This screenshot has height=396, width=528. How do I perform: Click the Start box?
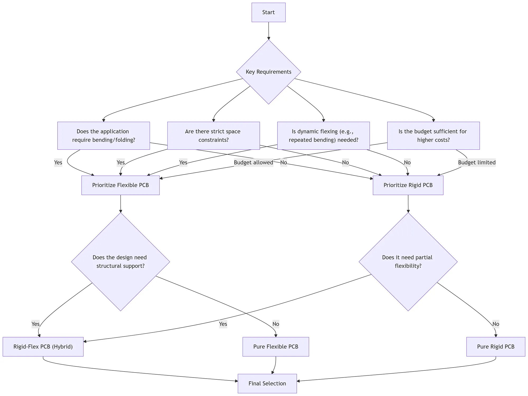268,12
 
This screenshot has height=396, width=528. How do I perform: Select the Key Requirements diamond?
268,72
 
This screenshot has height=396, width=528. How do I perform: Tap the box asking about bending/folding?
103,136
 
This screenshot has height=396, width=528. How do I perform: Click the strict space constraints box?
213,136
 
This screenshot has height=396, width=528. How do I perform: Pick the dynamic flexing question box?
323,136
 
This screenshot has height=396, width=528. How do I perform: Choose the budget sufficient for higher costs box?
433,136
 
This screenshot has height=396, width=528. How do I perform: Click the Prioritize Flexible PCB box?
120,185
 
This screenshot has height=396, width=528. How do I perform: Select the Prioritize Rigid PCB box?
408,185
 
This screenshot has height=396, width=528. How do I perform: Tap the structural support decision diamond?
120,262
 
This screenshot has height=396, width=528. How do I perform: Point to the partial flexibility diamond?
408,262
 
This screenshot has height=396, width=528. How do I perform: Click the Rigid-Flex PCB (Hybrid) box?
43,346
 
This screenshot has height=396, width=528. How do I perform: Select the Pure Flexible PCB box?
276,346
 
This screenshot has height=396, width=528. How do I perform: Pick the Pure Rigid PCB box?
496,346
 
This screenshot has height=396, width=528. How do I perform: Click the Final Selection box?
267,383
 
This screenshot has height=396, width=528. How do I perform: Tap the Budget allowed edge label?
253,162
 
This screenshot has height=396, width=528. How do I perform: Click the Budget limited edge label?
477,162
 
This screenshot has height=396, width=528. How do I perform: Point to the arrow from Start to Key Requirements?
268,31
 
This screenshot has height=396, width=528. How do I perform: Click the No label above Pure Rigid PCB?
496,324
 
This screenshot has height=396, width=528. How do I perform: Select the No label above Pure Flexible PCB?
276,324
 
